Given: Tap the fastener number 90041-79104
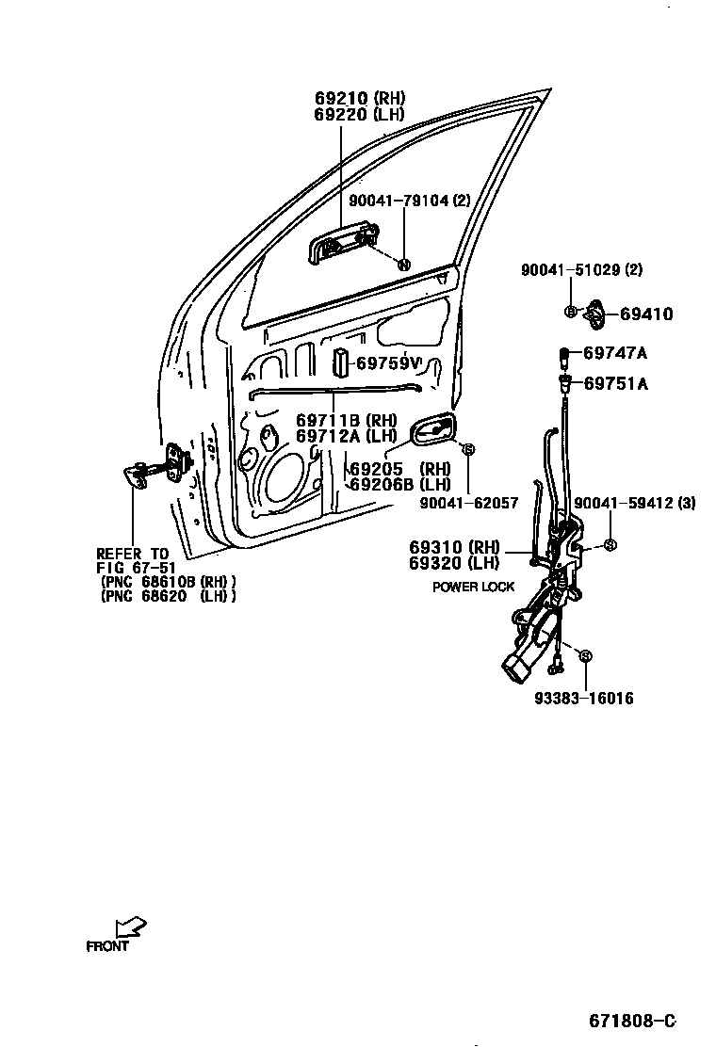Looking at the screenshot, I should [399, 201].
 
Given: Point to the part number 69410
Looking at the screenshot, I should [646, 314].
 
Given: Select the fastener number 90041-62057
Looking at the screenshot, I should [467, 504].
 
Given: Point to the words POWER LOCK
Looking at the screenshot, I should [474, 587].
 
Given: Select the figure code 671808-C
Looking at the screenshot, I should [633, 1021].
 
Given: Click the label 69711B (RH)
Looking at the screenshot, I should [346, 420].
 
